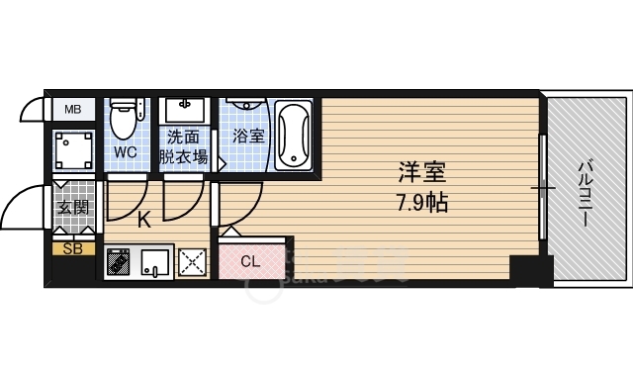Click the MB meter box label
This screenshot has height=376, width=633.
[73, 109]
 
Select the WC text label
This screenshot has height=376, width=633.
[126, 152]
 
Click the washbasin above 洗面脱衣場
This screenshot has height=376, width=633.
[185, 110]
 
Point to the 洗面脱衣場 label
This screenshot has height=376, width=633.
[184, 146]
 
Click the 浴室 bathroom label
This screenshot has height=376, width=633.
[248, 137]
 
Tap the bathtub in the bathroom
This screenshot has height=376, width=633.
[294, 135]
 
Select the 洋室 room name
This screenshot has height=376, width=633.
[422, 172]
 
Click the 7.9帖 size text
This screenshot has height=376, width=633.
[422, 203]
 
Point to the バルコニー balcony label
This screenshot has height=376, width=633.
[585, 194]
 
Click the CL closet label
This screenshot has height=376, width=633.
[250, 262]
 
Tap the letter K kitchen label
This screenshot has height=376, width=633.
[144, 221]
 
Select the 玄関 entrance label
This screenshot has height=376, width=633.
[73, 208]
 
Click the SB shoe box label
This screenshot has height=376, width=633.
[72, 249]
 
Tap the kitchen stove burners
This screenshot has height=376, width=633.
[118, 261]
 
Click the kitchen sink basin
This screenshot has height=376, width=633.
[154, 262]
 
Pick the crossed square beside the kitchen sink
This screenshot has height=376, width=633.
[192, 262]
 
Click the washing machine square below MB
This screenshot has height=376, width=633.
[74, 150]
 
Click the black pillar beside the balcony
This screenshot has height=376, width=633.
[531, 270]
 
